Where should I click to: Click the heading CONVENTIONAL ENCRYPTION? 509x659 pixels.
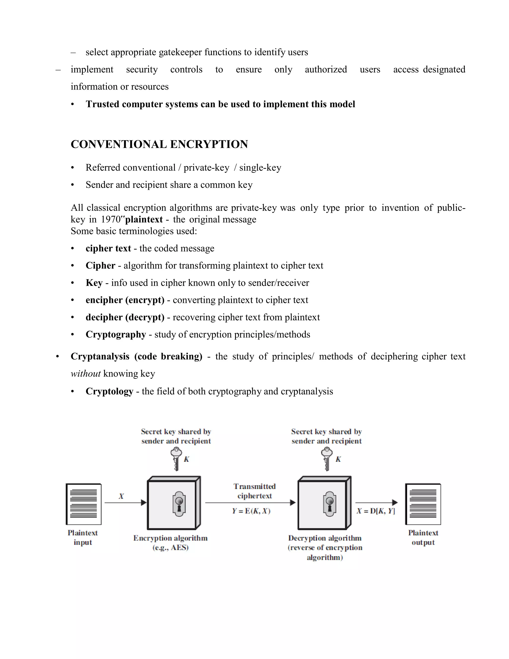tap(159, 144)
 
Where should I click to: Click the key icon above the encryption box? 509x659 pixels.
tap(176, 459)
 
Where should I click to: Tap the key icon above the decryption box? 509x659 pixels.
tap(327, 459)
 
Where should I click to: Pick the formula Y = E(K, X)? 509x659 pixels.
tap(251, 511)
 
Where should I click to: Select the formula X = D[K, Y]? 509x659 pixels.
tap(376, 511)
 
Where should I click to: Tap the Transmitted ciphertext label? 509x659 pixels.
tap(254, 491)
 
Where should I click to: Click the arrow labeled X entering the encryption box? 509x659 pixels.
tap(125, 502)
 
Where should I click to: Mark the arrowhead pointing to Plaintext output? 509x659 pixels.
tap(395, 502)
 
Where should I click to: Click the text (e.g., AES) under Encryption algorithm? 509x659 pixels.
tap(170, 547)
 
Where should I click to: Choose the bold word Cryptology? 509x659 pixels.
tap(109, 391)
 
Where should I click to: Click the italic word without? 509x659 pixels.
tap(85, 374)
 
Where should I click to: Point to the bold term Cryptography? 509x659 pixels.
tap(116, 334)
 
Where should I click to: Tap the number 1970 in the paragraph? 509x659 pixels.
tap(111, 219)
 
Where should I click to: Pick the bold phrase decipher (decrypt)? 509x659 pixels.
tap(125, 317)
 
